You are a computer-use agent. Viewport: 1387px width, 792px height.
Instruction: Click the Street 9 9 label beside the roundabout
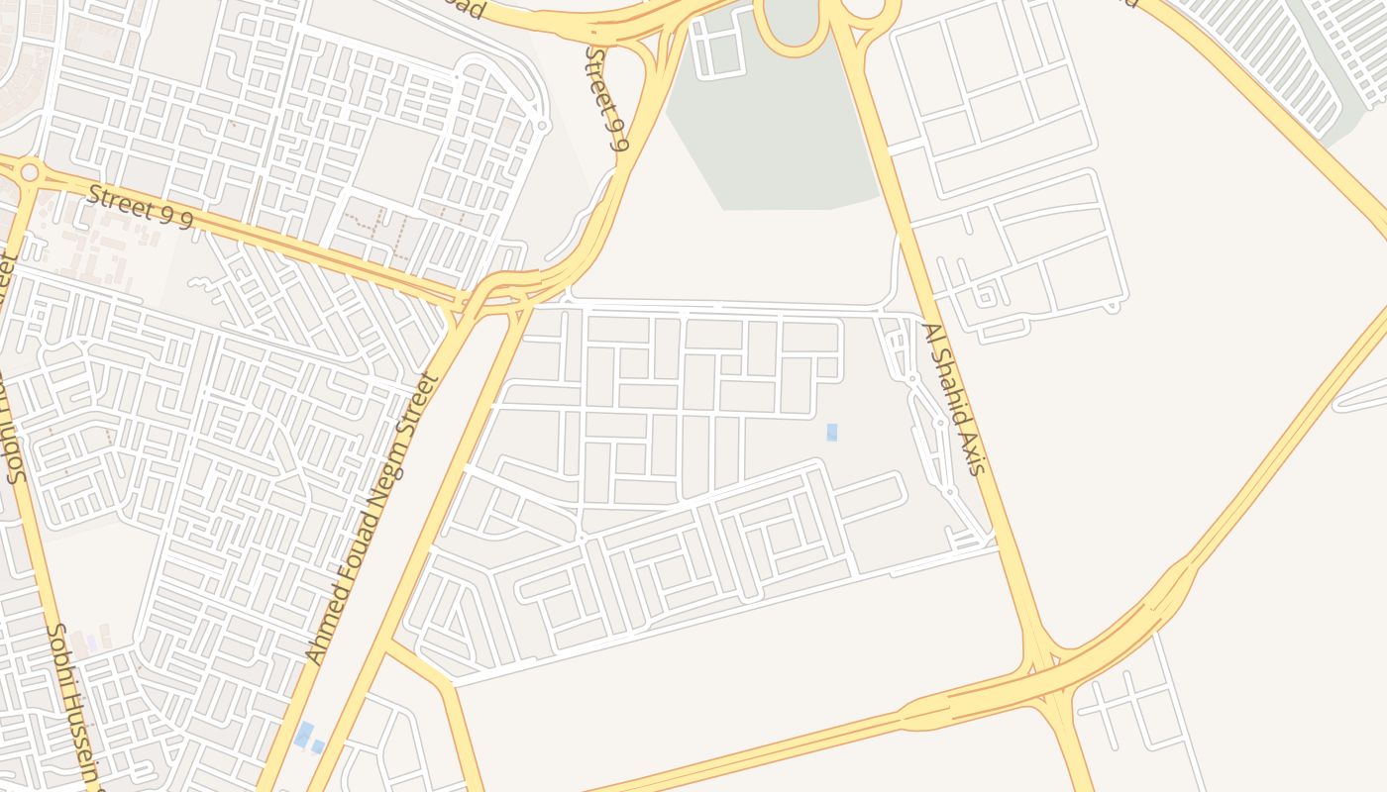click(139, 208)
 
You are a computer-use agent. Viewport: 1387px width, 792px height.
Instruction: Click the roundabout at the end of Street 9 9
click(29, 173)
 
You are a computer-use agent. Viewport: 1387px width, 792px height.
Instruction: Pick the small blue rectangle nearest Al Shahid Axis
click(832, 432)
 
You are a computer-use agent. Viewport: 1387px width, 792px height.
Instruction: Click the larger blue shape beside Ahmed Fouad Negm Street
click(304, 735)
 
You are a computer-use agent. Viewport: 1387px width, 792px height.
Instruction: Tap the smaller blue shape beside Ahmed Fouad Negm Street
click(318, 746)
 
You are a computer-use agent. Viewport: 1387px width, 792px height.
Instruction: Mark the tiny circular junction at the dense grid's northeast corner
click(541, 126)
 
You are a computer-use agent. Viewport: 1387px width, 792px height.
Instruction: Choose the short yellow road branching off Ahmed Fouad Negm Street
click(421, 665)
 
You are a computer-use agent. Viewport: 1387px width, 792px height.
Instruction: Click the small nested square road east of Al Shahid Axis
click(986, 295)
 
